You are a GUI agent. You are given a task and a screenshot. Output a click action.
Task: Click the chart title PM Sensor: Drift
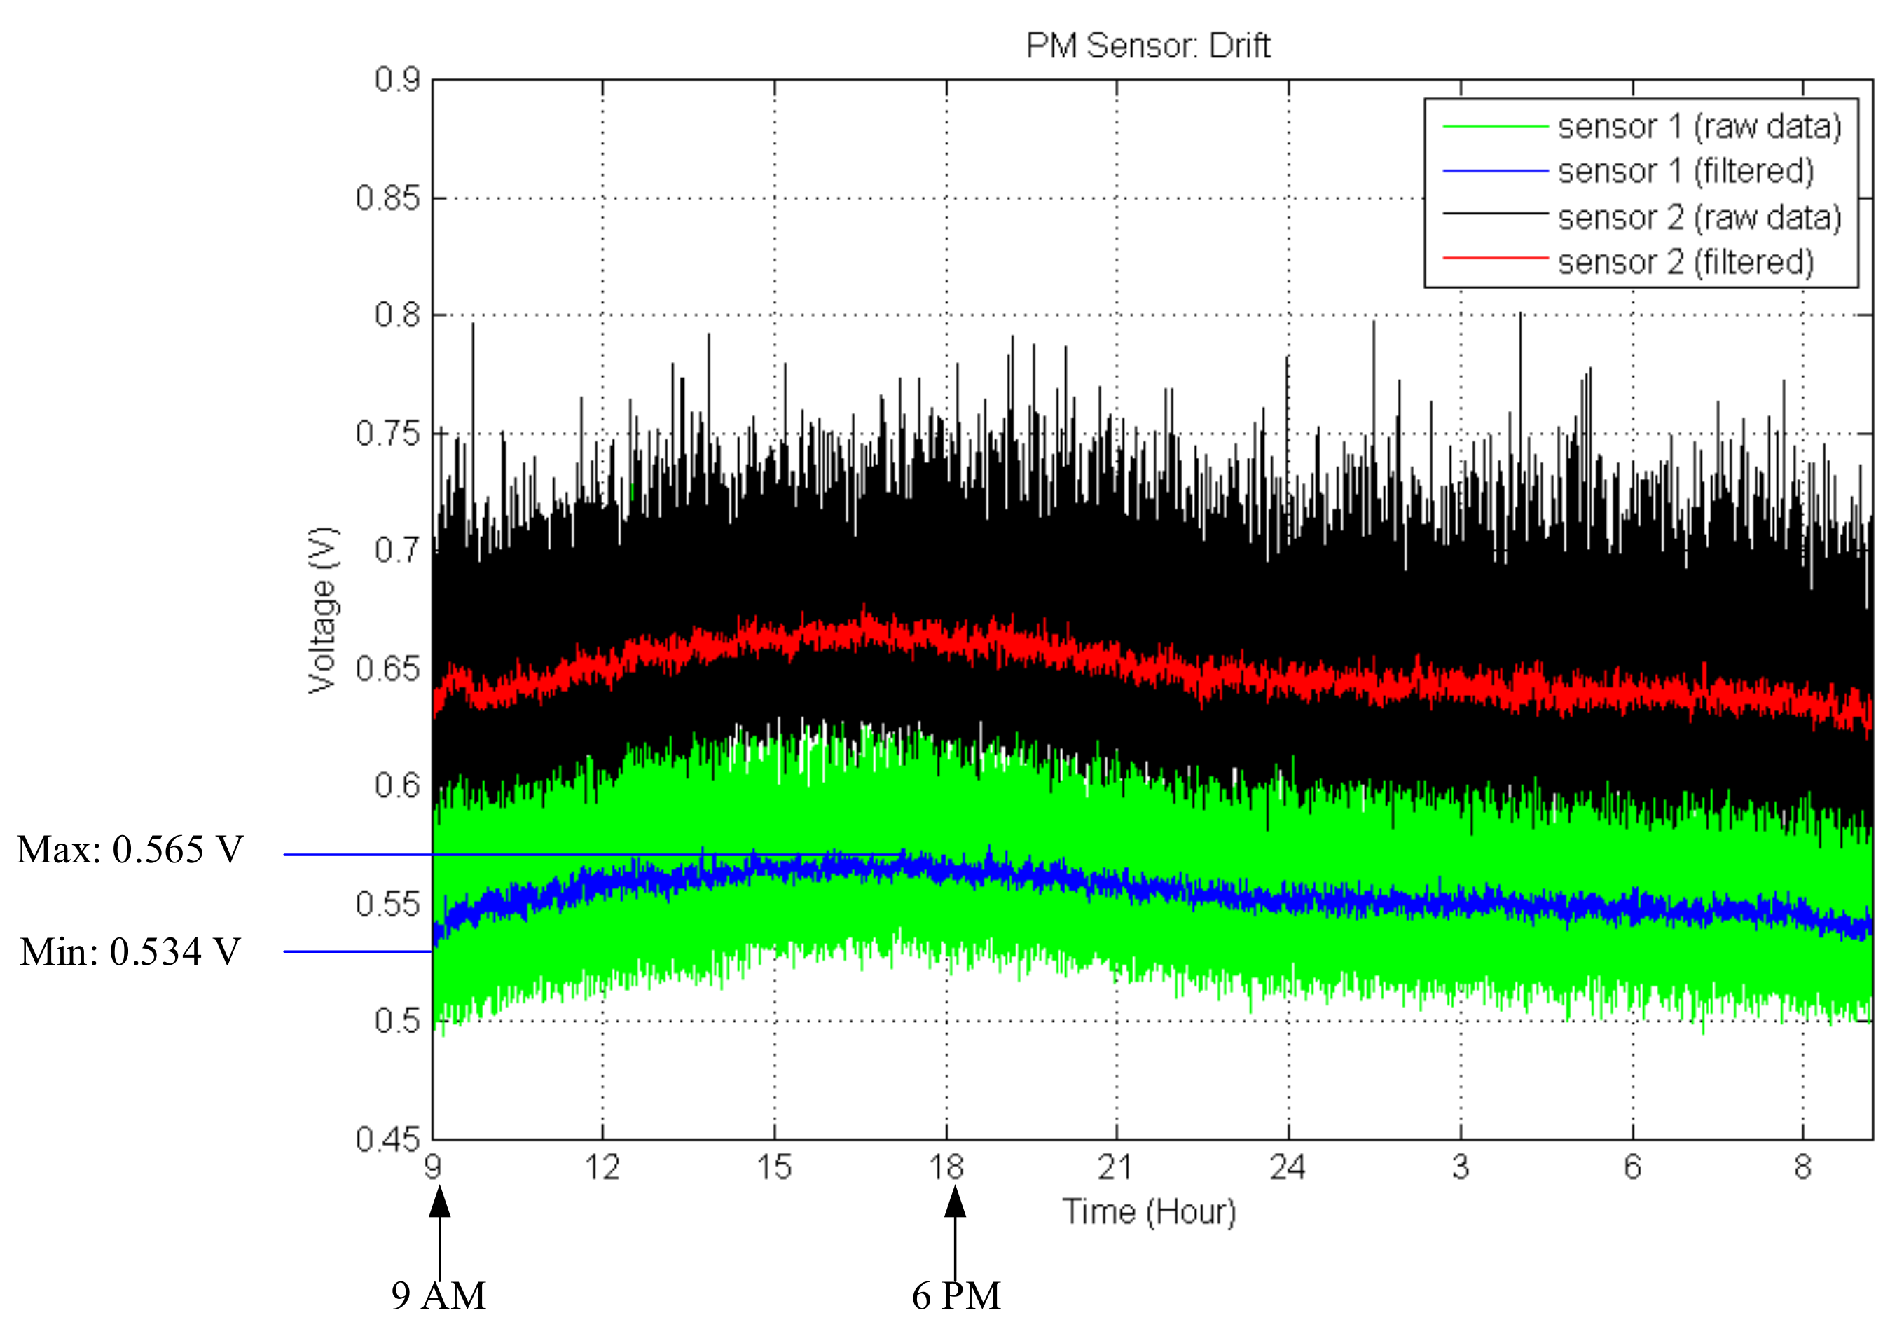(x=1147, y=46)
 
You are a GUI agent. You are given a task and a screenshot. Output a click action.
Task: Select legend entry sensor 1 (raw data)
(x=1699, y=126)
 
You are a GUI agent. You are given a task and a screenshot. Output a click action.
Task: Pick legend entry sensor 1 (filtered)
(x=1685, y=171)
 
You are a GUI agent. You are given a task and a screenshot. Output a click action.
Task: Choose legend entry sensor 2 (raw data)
(x=1699, y=217)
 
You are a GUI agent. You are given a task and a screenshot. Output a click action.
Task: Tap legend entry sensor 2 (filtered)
(x=1685, y=262)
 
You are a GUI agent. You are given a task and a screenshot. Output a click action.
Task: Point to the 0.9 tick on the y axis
(x=397, y=80)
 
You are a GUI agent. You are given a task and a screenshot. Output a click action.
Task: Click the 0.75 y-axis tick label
(x=387, y=433)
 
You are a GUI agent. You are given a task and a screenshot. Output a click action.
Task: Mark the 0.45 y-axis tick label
(x=387, y=1139)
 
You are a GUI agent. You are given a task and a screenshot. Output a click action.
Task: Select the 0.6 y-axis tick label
(x=397, y=785)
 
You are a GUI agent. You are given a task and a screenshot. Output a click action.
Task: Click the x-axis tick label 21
(x=1116, y=1167)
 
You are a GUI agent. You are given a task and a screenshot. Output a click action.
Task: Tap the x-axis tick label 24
(x=1288, y=1167)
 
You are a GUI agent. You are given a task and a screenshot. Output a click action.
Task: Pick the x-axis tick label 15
(x=774, y=1167)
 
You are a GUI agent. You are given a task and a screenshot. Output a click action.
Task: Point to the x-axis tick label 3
(x=1460, y=1167)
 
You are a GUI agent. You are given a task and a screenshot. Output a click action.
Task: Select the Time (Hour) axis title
(x=1148, y=1211)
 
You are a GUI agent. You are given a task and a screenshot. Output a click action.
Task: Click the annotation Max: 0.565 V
(x=130, y=851)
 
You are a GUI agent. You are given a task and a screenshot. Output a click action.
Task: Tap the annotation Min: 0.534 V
(x=130, y=952)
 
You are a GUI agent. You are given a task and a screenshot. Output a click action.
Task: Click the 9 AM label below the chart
(x=439, y=1296)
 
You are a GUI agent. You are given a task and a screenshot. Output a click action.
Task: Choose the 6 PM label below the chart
(x=956, y=1296)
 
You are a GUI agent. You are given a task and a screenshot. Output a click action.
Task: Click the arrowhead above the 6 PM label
(x=955, y=1202)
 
